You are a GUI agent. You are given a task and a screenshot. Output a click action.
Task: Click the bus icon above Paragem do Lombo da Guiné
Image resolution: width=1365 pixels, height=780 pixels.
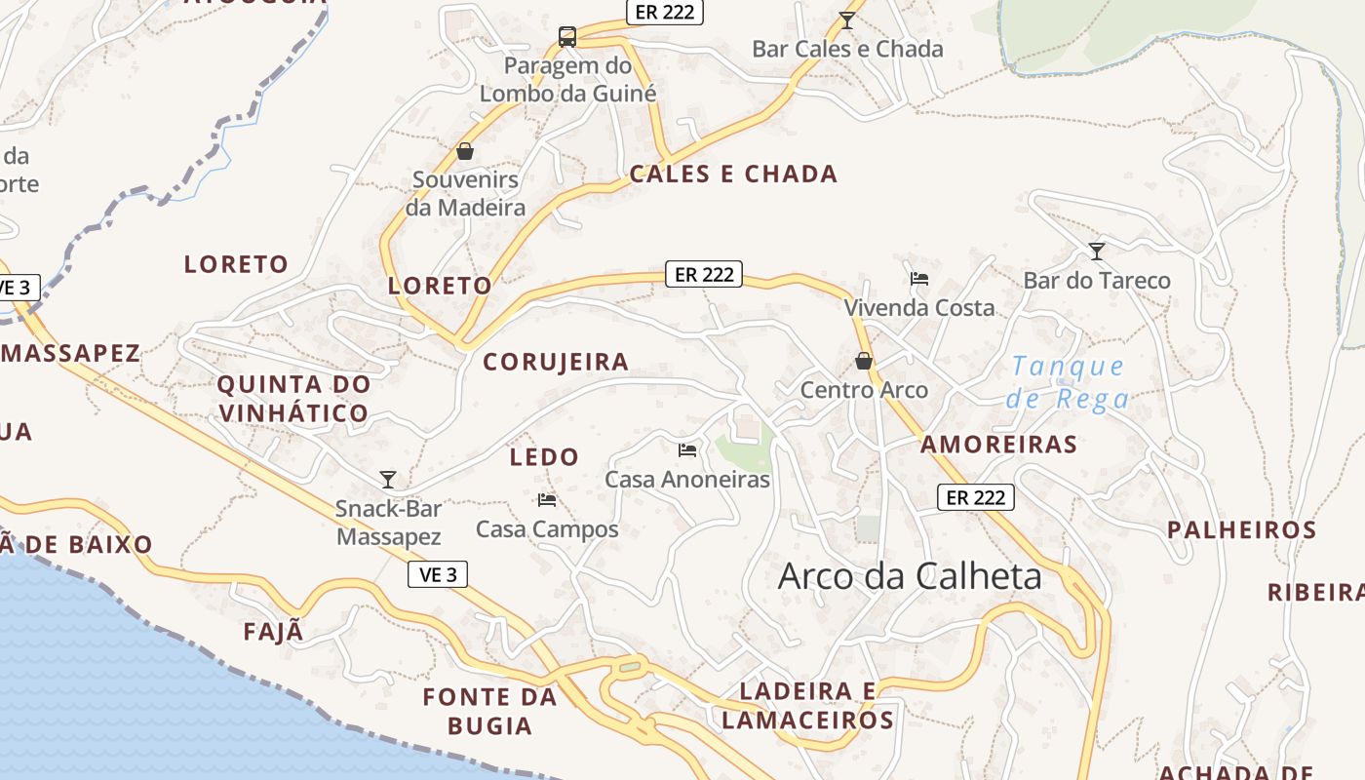point(567,37)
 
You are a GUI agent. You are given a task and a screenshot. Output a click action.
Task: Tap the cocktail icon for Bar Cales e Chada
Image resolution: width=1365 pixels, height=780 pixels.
point(847,19)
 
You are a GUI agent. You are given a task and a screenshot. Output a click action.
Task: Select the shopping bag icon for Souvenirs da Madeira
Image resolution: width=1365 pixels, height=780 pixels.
point(465,151)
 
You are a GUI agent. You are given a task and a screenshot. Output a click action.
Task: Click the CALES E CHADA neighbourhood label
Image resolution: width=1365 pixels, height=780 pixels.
point(733,175)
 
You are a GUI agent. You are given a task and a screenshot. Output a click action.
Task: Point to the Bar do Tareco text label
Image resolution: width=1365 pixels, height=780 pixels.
point(1097,281)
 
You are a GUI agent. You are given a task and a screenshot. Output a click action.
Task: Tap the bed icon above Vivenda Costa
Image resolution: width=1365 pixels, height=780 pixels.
point(918,278)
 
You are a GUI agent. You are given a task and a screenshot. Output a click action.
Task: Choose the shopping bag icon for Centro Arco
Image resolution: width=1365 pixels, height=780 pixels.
point(864,361)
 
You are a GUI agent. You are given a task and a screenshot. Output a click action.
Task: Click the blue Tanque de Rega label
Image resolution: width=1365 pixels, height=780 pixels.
point(1069,382)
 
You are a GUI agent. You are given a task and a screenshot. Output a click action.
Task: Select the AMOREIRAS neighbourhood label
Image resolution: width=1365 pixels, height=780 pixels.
point(999,445)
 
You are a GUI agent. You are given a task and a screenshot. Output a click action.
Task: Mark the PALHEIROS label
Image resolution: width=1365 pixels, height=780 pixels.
point(1242,530)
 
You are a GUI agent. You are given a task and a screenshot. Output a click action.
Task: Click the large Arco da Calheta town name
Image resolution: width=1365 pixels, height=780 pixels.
point(910,576)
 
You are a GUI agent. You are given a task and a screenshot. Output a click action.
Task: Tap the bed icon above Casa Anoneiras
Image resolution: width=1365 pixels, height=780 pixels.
point(687,449)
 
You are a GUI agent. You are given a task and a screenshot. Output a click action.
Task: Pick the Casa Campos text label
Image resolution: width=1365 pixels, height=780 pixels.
point(547,529)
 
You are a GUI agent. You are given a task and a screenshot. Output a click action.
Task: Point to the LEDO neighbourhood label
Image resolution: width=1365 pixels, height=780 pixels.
point(544,456)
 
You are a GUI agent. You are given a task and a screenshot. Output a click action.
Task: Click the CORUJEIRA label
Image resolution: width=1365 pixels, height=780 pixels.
point(556,362)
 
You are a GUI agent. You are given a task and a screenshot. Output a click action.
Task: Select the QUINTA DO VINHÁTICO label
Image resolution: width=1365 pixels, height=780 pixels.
point(293,398)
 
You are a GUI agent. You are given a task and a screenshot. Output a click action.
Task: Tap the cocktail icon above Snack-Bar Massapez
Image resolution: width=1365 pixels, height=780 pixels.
point(388,479)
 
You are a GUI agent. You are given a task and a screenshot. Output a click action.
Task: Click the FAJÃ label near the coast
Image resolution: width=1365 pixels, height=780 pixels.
point(274,632)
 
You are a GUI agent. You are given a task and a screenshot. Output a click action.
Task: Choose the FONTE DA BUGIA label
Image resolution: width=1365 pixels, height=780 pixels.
point(489,711)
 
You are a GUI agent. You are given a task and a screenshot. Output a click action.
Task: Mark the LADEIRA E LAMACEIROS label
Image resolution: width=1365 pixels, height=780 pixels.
point(807,706)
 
